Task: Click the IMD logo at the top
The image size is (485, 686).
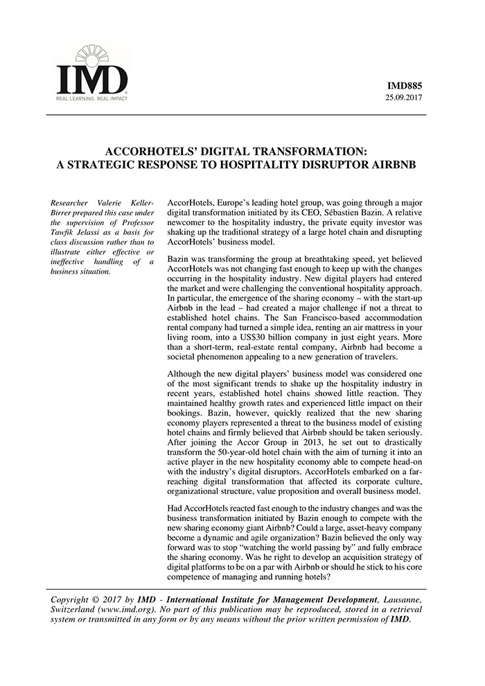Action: (91, 72)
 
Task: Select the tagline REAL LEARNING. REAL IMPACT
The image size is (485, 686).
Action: (92, 99)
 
